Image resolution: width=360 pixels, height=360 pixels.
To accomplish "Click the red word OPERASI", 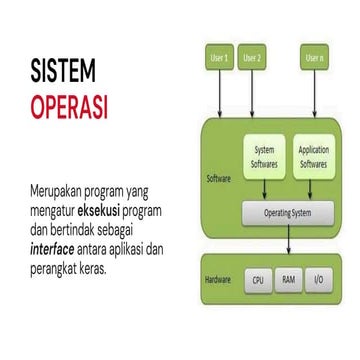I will [68, 104].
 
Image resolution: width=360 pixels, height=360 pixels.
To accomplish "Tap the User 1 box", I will [219, 57].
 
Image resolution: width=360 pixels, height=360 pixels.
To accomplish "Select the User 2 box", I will [252, 57].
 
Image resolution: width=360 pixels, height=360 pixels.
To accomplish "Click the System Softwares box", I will [265, 156].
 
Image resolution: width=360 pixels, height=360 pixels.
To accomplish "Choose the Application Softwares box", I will [313, 156].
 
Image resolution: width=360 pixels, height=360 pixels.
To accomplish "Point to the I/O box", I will [319, 282].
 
